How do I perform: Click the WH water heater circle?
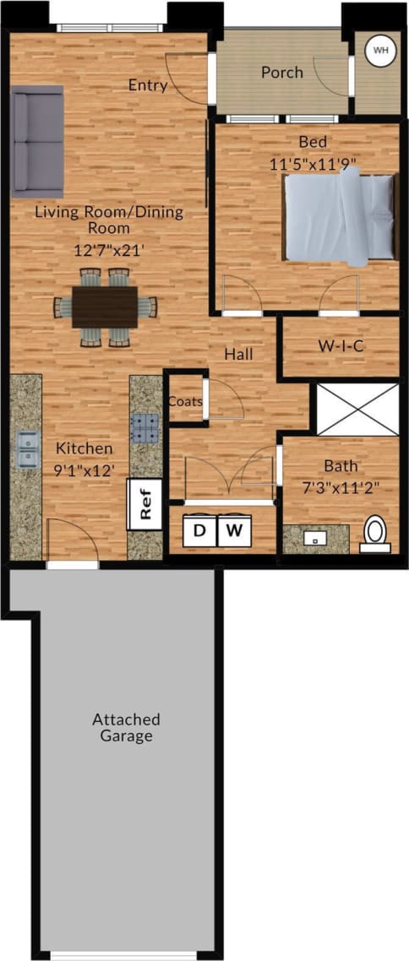point(380,51)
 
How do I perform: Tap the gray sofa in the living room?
point(37,140)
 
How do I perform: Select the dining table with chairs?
point(106,307)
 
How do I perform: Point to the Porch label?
point(281,73)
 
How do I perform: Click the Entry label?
point(148,85)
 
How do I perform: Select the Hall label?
point(239,355)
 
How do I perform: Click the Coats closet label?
point(185,401)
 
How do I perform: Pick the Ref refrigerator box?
point(145,504)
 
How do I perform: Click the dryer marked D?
point(199,530)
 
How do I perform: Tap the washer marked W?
point(234,530)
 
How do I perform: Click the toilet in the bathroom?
point(375,535)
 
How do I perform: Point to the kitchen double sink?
point(26,449)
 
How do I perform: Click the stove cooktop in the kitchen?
point(145,428)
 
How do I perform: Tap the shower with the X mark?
point(356,410)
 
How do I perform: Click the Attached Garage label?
point(126,727)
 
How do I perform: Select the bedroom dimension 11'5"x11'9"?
point(303,166)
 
